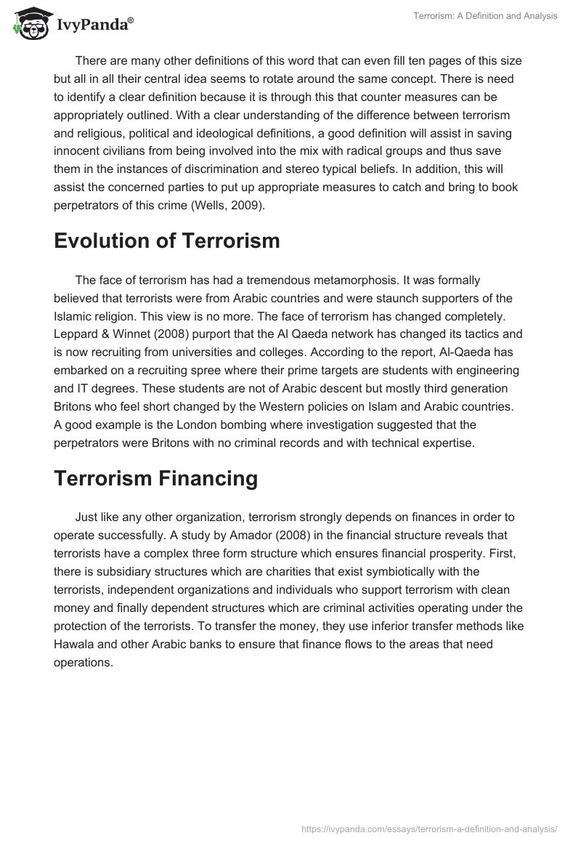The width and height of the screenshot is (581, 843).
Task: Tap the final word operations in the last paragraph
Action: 83,660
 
